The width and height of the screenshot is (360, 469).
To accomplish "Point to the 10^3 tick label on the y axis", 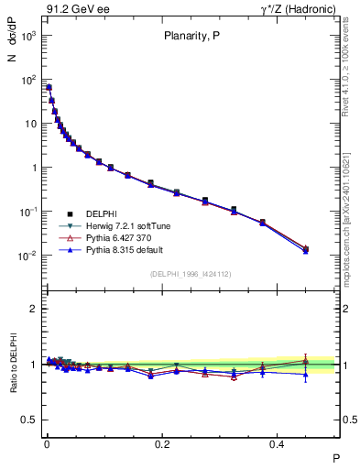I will (27, 36).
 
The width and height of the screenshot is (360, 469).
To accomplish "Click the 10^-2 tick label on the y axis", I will (27, 256).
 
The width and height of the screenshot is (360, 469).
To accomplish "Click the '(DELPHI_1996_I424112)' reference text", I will (191, 274).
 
